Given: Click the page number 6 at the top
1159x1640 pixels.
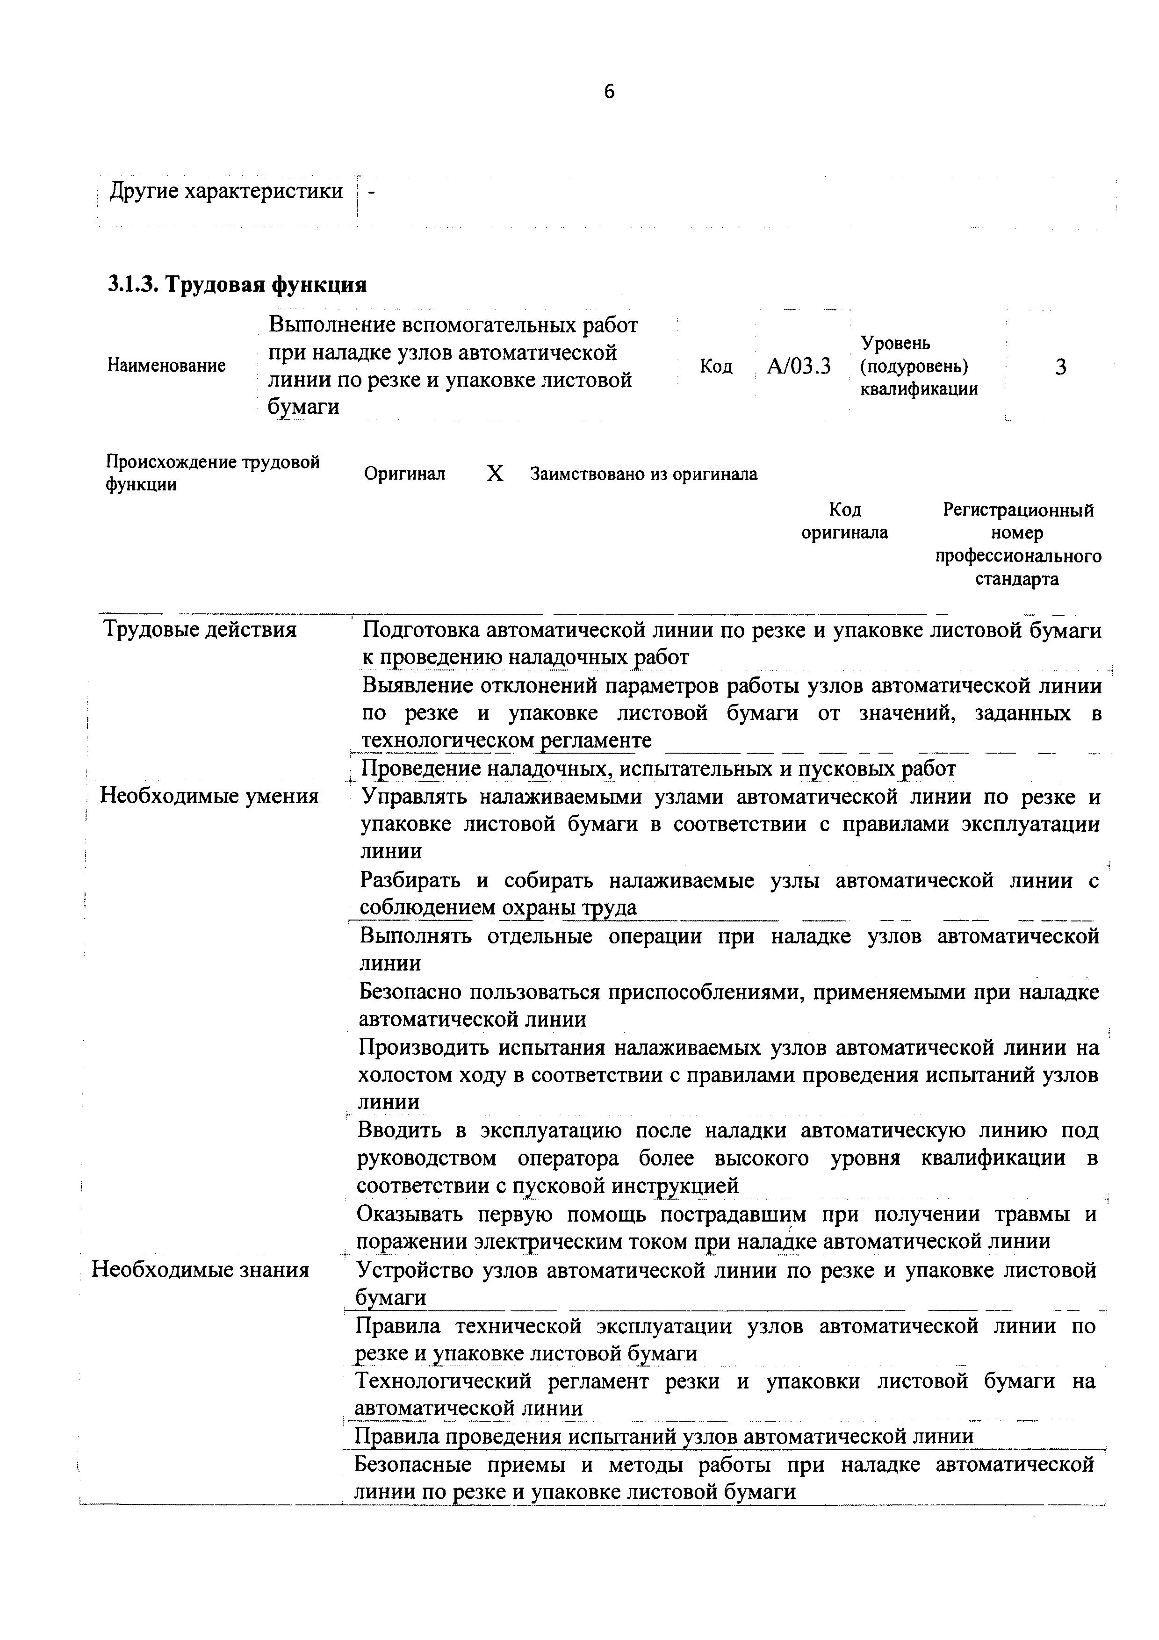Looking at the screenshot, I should (x=609, y=92).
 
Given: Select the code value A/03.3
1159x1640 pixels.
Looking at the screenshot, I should (x=799, y=367).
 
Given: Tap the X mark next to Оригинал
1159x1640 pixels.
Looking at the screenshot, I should (x=494, y=474).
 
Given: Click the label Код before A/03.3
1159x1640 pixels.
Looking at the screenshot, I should (x=715, y=367).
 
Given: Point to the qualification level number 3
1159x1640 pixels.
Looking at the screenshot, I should (x=1060, y=367).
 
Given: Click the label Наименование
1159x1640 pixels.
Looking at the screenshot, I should (x=166, y=366).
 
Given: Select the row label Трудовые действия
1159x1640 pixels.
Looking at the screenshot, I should (x=201, y=629).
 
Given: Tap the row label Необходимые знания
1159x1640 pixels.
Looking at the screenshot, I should (x=201, y=1270).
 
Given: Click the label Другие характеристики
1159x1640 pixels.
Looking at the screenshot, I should (x=226, y=191).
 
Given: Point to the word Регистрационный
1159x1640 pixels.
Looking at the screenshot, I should (x=1018, y=510).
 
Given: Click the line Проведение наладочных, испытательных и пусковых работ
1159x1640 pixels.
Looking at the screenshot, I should (x=658, y=769).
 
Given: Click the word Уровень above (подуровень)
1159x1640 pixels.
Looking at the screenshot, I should (x=895, y=344).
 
